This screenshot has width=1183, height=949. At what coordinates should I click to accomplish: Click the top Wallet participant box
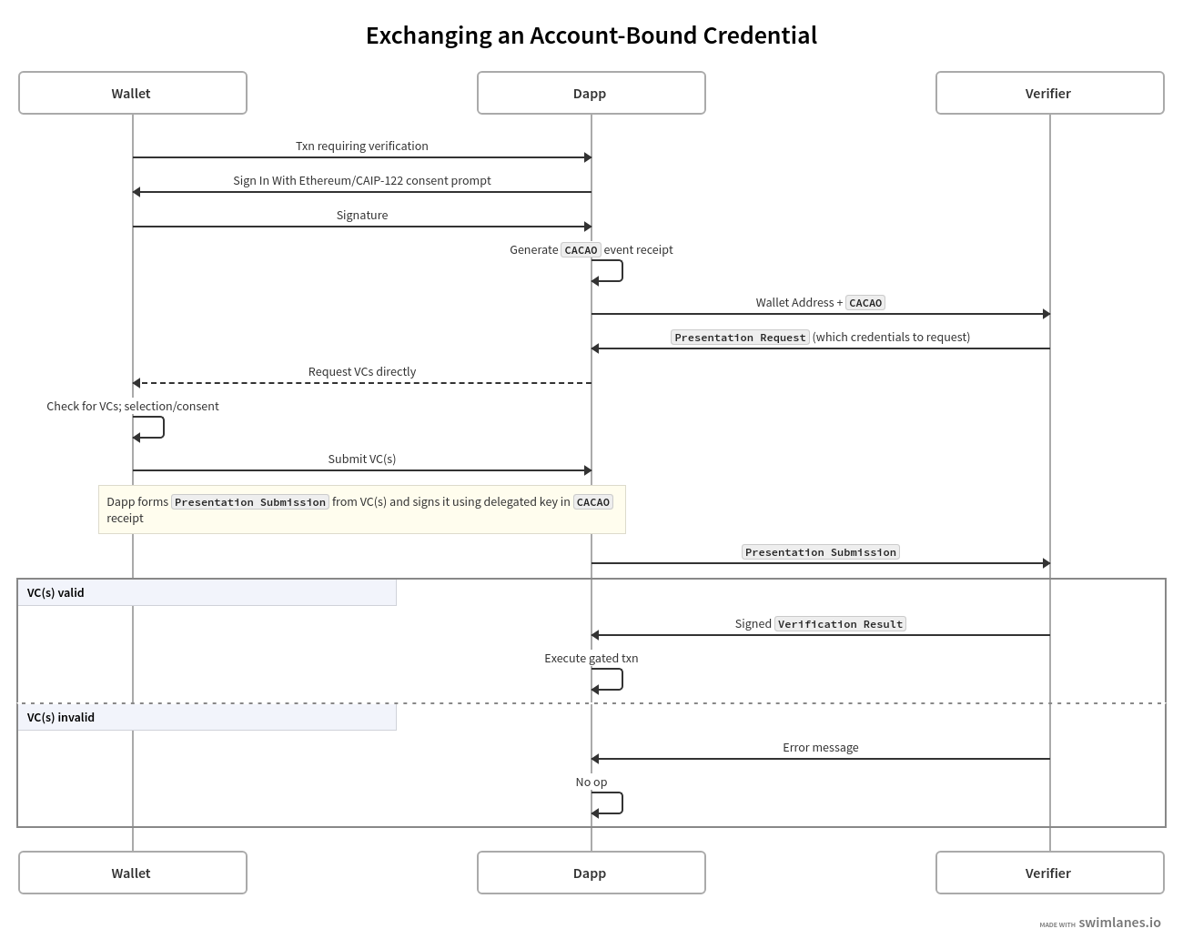(133, 93)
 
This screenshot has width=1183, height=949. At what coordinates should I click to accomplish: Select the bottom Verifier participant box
(1049, 873)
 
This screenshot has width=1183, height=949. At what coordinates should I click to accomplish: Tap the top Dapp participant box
(591, 93)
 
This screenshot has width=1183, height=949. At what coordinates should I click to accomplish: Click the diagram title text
(591, 35)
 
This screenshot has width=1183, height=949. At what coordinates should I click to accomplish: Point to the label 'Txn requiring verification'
(361, 146)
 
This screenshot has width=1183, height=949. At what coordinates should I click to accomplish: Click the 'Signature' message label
(361, 215)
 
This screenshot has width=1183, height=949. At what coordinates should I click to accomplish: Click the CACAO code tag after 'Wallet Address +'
(865, 303)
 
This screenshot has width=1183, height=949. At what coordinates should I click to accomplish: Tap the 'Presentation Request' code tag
(740, 338)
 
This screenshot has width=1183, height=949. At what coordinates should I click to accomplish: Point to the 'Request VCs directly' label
(361, 371)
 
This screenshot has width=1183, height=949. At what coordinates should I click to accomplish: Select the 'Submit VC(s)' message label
(361, 459)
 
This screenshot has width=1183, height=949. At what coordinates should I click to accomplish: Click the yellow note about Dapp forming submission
(361, 510)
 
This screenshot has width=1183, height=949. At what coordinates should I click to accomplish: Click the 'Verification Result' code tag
(840, 624)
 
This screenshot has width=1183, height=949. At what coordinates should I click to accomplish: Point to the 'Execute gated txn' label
(591, 658)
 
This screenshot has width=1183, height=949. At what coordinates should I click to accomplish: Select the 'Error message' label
(820, 747)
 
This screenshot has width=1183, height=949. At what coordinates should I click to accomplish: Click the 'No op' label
(591, 782)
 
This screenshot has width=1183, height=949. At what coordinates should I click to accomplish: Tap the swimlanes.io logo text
(1119, 922)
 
